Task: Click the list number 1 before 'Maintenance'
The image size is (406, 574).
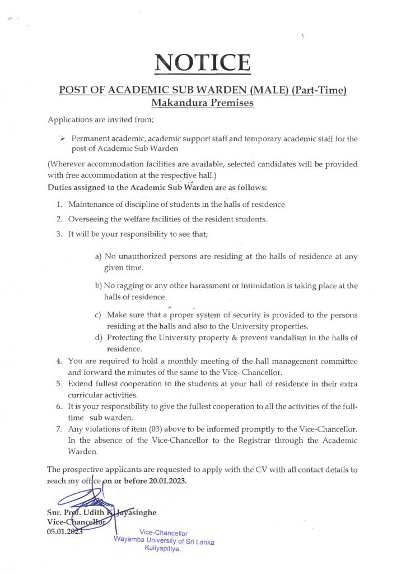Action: pyautogui.click(x=59, y=205)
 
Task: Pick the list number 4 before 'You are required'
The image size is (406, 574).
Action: pyautogui.click(x=59, y=362)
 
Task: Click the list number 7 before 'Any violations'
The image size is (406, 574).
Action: pyautogui.click(x=59, y=429)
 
